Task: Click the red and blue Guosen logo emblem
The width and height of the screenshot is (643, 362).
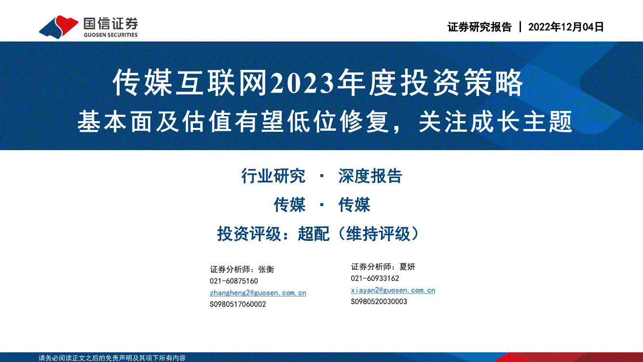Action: pyautogui.click(x=58, y=27)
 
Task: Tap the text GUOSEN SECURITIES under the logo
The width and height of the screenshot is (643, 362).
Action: pyautogui.click(x=110, y=35)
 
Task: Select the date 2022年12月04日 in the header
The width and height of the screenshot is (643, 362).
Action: pyautogui.click(x=566, y=27)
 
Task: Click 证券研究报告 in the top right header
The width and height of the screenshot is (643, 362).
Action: pyautogui.click(x=479, y=27)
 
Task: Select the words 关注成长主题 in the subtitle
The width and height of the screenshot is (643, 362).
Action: pyautogui.click(x=495, y=122)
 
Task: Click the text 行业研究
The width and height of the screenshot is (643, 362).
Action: pyautogui.click(x=273, y=176)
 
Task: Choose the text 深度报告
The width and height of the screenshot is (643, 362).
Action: pyautogui.click(x=370, y=176)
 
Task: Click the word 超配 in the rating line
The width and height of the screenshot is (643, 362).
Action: pyautogui.click(x=314, y=234)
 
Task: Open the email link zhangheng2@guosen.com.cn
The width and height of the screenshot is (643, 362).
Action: pyautogui.click(x=258, y=293)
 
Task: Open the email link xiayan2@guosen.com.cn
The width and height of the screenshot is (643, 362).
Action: pyautogui.click(x=393, y=290)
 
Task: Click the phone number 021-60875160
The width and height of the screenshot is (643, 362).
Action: pyautogui.click(x=233, y=281)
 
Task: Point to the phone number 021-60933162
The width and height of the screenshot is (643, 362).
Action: pyautogui.click(x=375, y=278)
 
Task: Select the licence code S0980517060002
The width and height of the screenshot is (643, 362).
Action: pyautogui.click(x=238, y=304)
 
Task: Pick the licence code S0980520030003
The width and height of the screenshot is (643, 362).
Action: pyautogui.click(x=379, y=302)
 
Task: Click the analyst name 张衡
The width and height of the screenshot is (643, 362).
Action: pyautogui.click(x=266, y=269)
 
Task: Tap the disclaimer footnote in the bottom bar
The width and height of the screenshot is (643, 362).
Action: pyautogui.click(x=112, y=358)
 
